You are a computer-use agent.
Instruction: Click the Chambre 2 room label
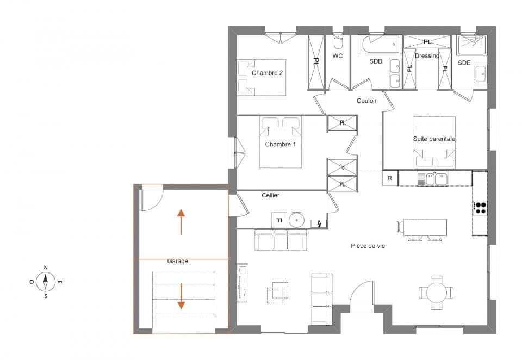tap(267, 72)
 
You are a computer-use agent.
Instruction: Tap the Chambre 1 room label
tap(280, 144)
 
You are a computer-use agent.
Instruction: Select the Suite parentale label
tap(434, 139)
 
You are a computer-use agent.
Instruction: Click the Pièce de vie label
tap(368, 246)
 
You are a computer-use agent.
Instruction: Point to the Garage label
tap(177, 261)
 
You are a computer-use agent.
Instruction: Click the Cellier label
tap(270, 195)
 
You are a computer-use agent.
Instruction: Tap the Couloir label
tap(366, 101)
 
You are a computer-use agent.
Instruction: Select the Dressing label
tap(427, 55)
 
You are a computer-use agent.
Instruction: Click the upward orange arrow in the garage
tap(181, 221)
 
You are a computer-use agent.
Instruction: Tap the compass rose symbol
tap(46, 282)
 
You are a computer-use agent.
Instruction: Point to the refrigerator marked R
tap(390, 178)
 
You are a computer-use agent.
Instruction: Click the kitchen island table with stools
tap(425, 227)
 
